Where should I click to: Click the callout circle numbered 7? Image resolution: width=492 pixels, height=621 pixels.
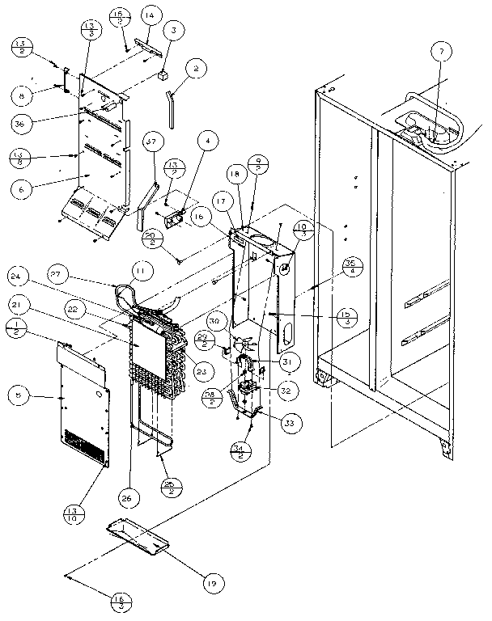coord(441,53)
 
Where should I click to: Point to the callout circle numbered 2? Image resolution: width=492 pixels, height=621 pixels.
coord(195,70)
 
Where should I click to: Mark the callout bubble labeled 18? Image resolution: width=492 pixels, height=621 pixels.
coord(235,173)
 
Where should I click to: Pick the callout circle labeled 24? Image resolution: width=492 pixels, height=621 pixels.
coord(23,276)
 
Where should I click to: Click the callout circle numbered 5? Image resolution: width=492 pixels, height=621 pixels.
coord(23,395)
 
